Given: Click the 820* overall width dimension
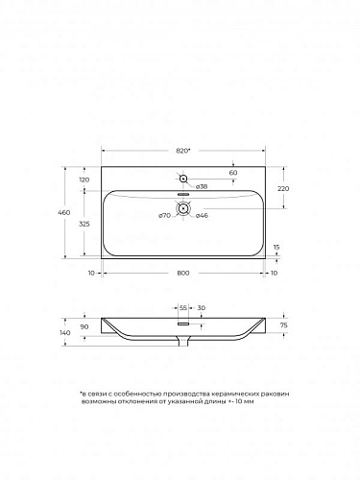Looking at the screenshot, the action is (x=183, y=151).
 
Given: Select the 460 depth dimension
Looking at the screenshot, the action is (x=64, y=212).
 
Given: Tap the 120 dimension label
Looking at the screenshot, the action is (x=84, y=180).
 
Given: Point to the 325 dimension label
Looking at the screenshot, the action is (x=84, y=224).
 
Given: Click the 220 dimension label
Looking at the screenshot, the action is (x=283, y=189).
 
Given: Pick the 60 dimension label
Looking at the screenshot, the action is (x=233, y=173).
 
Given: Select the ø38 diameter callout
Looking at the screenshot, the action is (x=202, y=186).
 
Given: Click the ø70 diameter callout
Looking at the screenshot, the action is (x=164, y=216).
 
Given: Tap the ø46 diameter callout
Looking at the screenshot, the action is (x=202, y=216).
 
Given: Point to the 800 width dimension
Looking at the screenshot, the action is (x=183, y=273).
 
